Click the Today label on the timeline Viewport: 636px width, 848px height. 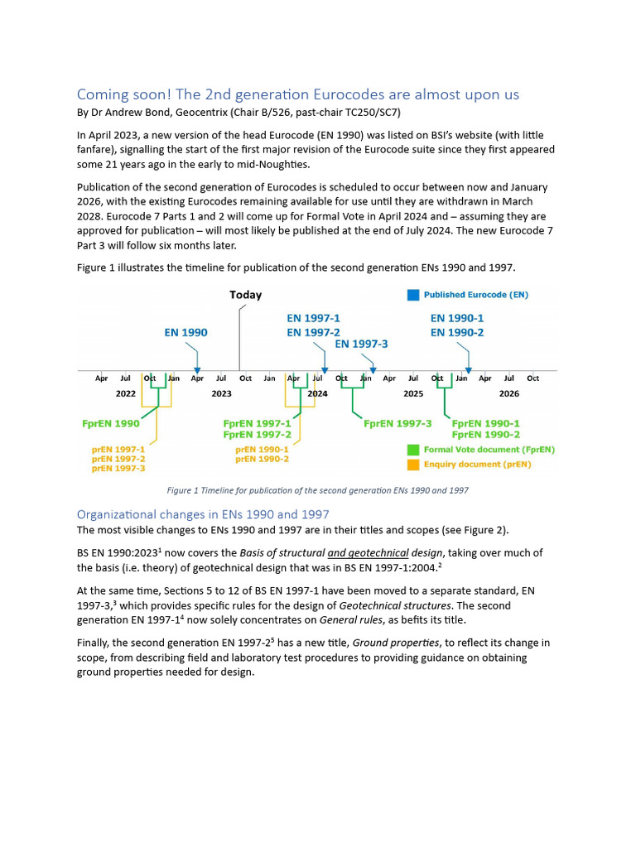245,295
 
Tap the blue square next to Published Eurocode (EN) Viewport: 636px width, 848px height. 413,295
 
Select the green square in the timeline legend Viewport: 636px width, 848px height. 413,450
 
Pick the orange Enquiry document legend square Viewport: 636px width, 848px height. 413,465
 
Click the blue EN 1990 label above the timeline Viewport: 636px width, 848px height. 185,333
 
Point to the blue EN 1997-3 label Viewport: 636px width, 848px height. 361,344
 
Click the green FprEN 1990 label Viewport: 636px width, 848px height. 110,423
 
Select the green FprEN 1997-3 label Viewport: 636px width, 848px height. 397,423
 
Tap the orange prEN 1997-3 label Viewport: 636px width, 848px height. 118,468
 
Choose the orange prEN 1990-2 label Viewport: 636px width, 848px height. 262,459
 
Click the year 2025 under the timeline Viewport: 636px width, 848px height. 413,394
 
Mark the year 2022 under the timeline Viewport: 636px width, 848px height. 125,394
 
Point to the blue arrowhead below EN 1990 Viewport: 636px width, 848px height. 197,370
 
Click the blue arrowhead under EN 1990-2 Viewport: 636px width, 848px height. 469,370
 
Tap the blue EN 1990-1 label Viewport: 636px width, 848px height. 457,318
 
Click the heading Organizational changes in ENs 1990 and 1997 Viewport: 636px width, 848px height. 203,514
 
